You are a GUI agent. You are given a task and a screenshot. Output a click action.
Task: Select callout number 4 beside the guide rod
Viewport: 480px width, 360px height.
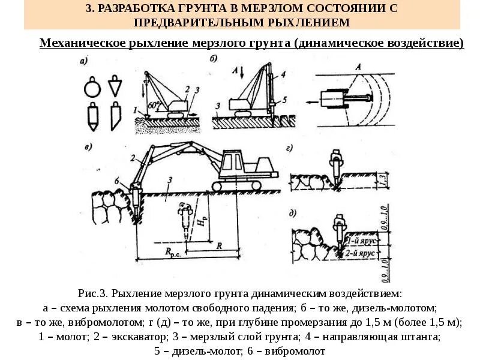pyautogui.click(x=281, y=76)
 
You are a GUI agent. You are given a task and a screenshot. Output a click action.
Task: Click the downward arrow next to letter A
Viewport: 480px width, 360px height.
pyautogui.click(x=242, y=72)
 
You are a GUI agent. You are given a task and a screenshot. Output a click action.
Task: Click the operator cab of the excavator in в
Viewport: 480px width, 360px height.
pyautogui.click(x=235, y=161)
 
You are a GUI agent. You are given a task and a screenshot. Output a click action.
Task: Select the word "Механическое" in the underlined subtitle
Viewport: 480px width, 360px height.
pyautogui.click(x=82, y=43)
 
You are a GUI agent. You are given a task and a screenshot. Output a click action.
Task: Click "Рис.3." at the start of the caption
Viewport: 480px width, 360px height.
pyautogui.click(x=93, y=294)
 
